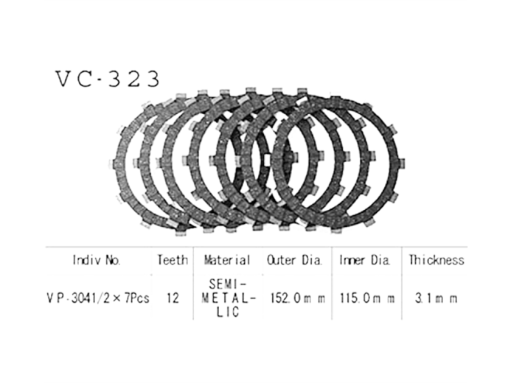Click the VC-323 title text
[x=107, y=79]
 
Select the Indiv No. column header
[x=97, y=260]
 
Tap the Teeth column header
[x=173, y=260]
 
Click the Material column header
[x=227, y=260]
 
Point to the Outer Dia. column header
[x=295, y=260]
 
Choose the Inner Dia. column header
[x=365, y=260]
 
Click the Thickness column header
[x=437, y=260]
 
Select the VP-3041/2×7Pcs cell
[x=98, y=298]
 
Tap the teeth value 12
[x=173, y=298]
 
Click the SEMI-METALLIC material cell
[x=229, y=298]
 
